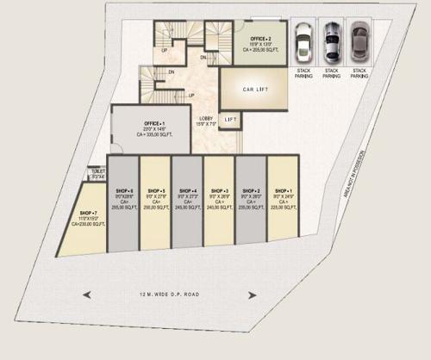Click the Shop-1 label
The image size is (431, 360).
point(282,190)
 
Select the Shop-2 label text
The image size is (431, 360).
point(251,190)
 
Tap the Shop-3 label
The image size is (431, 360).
point(219,190)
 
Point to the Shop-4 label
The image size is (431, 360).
point(188,190)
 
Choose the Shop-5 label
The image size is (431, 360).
point(156,190)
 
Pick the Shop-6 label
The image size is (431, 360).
point(124,190)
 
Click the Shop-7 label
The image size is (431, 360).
point(87,212)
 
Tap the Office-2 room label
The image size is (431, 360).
point(261,40)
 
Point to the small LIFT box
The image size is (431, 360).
point(230,119)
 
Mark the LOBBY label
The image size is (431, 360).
point(205,118)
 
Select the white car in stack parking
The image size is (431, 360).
point(303,40)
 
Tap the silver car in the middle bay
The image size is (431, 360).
point(331,40)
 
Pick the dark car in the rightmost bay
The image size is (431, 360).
point(359,40)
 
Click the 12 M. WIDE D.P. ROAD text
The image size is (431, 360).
point(167,295)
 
